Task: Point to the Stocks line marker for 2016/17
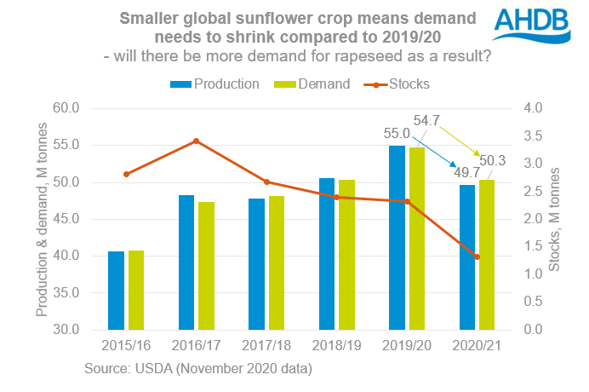pyautogui.click(x=197, y=141)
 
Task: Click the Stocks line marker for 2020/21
pyautogui.click(x=477, y=257)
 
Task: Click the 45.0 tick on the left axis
pyautogui.click(x=66, y=219)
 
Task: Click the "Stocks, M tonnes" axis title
pyautogui.click(x=556, y=219)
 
